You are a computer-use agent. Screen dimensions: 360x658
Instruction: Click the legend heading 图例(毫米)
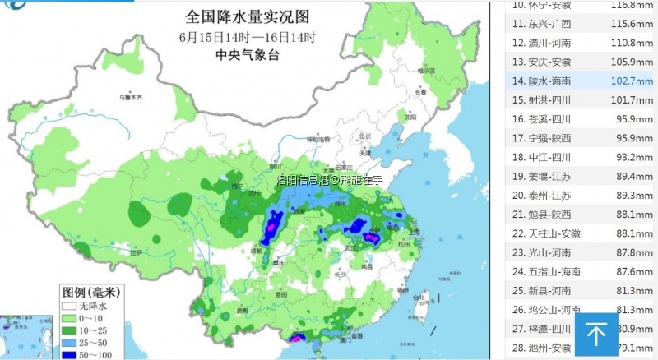(x=91, y=292)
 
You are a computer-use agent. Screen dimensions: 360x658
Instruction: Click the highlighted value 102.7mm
(x=632, y=81)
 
